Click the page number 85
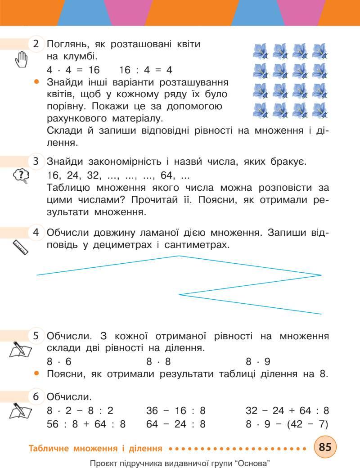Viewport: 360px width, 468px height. [x=325, y=447]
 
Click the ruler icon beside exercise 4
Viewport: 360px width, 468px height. [x=21, y=247]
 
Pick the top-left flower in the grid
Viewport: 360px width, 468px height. [x=261, y=51]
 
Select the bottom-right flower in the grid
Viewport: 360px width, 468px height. [x=319, y=110]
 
